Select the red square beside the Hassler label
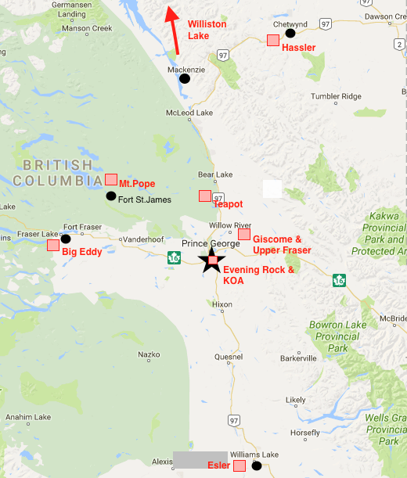pyautogui.click(x=273, y=40)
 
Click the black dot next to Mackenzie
pyautogui.click(x=185, y=78)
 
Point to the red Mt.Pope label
pyautogui.click(x=136, y=184)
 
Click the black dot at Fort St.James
pyautogui.click(x=111, y=196)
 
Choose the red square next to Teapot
pyautogui.click(x=205, y=196)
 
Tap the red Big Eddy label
pyautogui.click(x=81, y=253)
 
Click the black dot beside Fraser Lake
pyautogui.click(x=66, y=239)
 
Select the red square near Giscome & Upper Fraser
pyautogui.click(x=244, y=234)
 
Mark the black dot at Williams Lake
pyautogui.click(x=256, y=466)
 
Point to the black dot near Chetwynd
pyautogui.click(x=290, y=34)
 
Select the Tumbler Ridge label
pyautogui.click(x=337, y=96)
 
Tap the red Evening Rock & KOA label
pyautogui.click(x=259, y=275)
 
